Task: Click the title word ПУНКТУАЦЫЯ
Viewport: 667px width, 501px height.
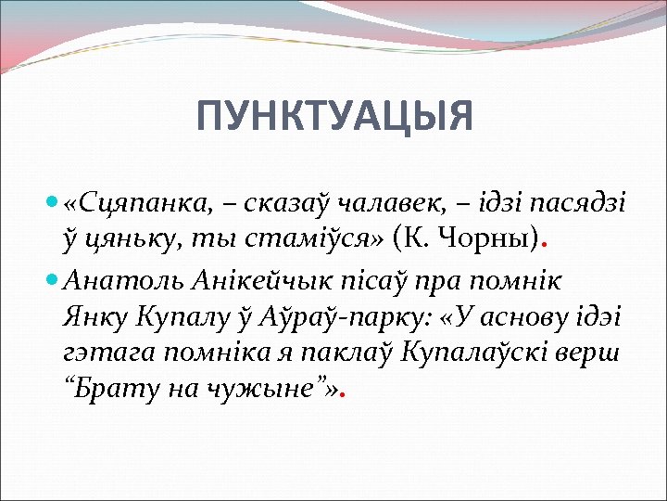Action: pos(334,117)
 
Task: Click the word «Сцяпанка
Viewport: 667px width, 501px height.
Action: pos(116,202)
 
